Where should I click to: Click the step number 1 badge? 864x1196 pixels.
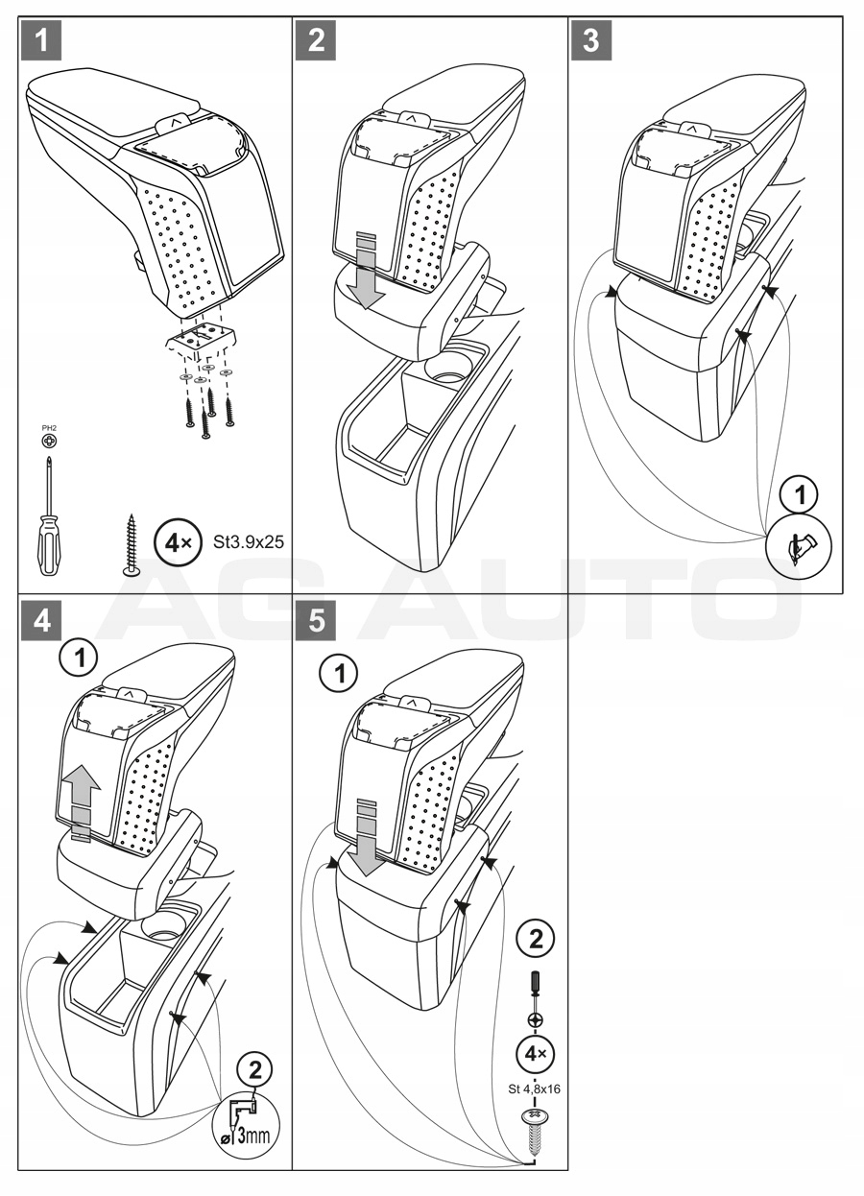[42, 40]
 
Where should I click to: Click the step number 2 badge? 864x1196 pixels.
[317, 40]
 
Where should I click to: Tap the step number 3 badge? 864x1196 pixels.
[591, 40]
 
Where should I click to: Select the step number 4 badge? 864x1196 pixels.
[42, 621]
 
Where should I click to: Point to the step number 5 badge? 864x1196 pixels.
[317, 621]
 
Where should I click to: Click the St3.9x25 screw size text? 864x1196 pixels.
[249, 543]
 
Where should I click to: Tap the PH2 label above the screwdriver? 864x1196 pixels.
[49, 428]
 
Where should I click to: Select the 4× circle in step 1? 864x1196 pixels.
[178, 543]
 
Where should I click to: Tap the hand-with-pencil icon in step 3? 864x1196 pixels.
[799, 547]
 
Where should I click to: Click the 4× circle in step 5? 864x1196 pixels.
[535, 1054]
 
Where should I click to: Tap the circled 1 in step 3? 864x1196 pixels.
[800, 494]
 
